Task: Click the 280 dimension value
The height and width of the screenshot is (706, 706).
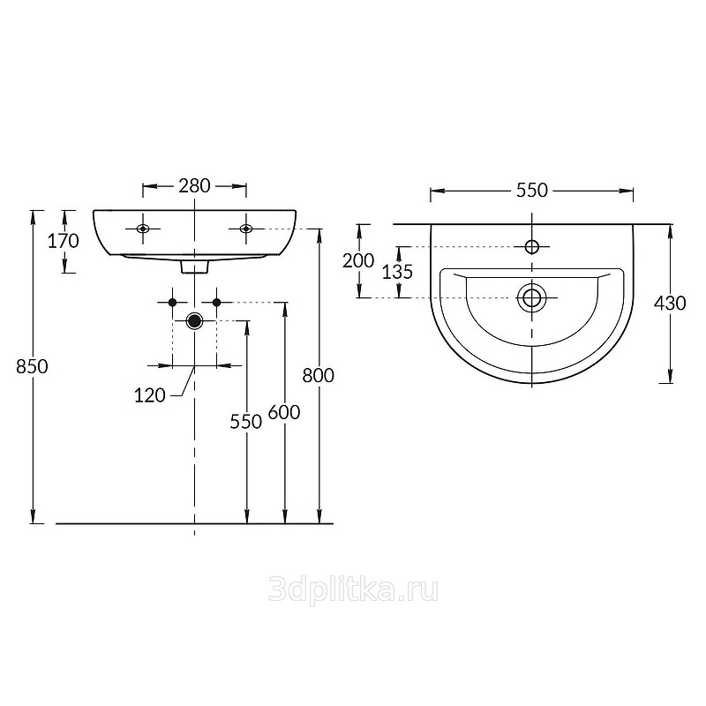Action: click(194, 186)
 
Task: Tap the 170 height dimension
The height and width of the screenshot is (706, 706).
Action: click(64, 241)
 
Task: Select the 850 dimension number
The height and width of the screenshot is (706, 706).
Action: click(32, 366)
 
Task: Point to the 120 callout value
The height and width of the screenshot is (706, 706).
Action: click(150, 395)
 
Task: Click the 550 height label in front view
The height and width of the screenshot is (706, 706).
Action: click(246, 422)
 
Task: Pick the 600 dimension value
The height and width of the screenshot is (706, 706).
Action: click(284, 412)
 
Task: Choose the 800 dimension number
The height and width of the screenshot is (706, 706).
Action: click(319, 376)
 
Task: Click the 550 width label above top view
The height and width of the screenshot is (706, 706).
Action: click(532, 191)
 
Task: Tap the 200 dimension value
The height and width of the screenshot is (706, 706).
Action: click(358, 260)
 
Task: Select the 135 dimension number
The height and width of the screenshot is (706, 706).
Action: click(398, 272)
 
